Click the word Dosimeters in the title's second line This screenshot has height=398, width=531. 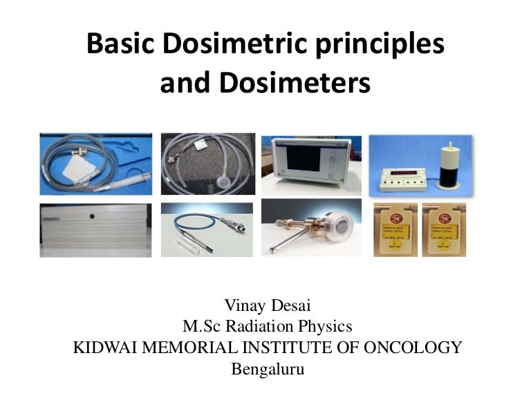(x=295, y=84)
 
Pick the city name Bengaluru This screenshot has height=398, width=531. (x=267, y=368)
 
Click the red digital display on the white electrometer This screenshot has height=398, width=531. (x=405, y=172)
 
